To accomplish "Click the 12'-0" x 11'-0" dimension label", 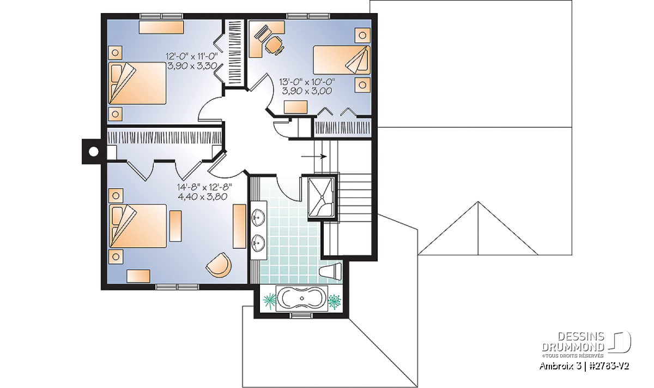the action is pyautogui.click(x=192, y=56).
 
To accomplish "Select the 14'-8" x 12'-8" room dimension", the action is pyautogui.click(x=204, y=187).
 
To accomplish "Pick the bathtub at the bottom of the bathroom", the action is pyautogui.click(x=302, y=299).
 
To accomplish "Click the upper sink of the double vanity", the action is pyautogui.click(x=258, y=218).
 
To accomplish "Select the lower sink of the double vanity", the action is pyautogui.click(x=258, y=243).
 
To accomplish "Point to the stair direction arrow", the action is pyautogui.click(x=314, y=157).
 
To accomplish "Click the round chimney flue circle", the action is pyautogui.click(x=93, y=152).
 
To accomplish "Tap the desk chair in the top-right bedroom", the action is pyautogui.click(x=275, y=45).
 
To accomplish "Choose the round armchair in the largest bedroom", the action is pyautogui.click(x=219, y=265).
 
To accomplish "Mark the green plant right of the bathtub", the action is pyautogui.click(x=335, y=302).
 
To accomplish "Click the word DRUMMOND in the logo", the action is pyautogui.click(x=573, y=347).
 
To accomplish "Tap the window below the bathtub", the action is pyautogui.click(x=302, y=315).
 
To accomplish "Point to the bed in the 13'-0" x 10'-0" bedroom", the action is pyautogui.click(x=342, y=59).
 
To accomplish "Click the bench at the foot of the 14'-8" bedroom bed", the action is pyautogui.click(x=175, y=226).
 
